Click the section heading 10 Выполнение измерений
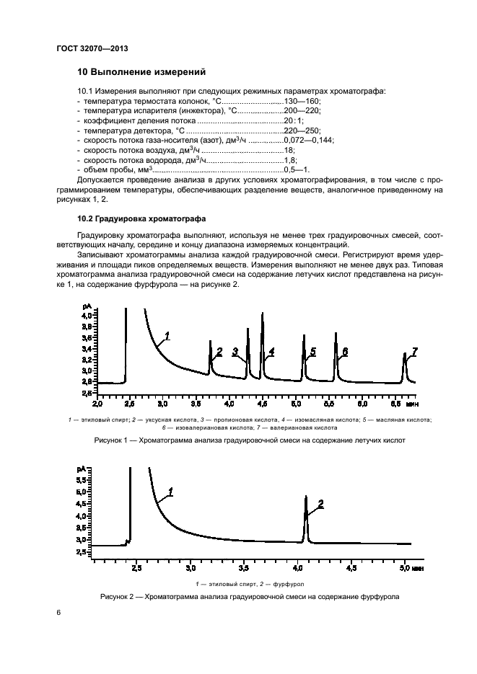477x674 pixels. pyautogui.click(x=141, y=72)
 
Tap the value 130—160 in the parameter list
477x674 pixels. pyautogui.click(x=303, y=101)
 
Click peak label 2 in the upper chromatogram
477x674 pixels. pyautogui.click(x=219, y=352)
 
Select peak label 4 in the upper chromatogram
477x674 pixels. pyautogui.click(x=271, y=352)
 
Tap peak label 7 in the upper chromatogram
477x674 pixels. pyautogui.click(x=414, y=351)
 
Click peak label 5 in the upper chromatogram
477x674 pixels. pyautogui.click(x=312, y=352)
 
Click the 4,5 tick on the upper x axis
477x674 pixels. pyautogui.click(x=261, y=396)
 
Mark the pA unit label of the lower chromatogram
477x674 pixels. pyautogui.click(x=80, y=469)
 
